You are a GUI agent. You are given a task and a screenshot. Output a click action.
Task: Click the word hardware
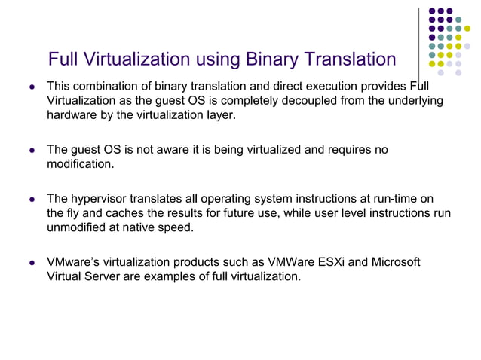[73, 115]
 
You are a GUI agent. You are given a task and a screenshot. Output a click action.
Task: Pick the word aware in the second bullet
[172, 150]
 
